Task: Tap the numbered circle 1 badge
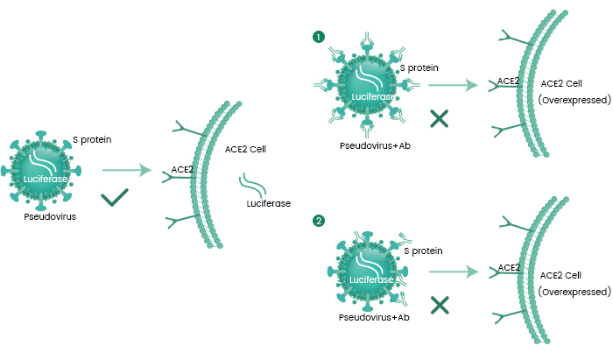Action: (x=319, y=38)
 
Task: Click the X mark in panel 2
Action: (x=440, y=304)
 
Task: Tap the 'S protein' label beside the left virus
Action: (x=92, y=138)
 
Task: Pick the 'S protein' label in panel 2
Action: (x=424, y=250)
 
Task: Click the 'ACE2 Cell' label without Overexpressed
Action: (x=245, y=149)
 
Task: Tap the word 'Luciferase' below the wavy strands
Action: (x=269, y=204)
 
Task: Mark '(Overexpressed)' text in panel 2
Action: (x=574, y=291)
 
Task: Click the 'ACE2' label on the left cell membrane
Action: (x=182, y=169)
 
